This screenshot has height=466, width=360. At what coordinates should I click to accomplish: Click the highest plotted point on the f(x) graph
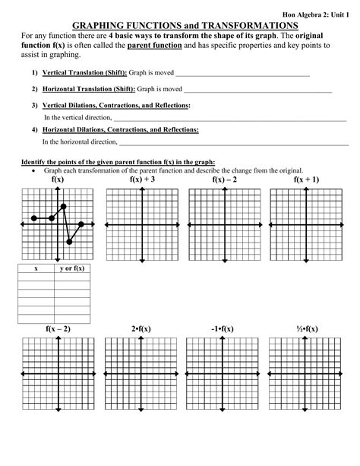click(63, 206)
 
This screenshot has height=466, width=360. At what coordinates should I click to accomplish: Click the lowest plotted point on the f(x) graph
click(69, 242)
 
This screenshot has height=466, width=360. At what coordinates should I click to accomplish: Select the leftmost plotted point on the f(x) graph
click(34, 218)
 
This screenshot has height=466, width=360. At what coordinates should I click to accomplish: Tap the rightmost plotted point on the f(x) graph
click(81, 224)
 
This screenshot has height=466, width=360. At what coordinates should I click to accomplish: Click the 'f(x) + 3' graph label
click(142, 179)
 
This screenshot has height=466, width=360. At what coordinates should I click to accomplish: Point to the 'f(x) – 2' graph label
click(224, 179)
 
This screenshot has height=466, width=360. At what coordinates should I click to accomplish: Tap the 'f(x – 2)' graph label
click(58, 328)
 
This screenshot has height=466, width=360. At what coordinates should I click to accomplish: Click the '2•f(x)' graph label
click(142, 328)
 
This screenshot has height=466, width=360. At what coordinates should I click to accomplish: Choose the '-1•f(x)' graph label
click(222, 328)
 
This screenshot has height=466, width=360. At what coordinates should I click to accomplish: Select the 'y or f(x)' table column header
click(72, 268)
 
